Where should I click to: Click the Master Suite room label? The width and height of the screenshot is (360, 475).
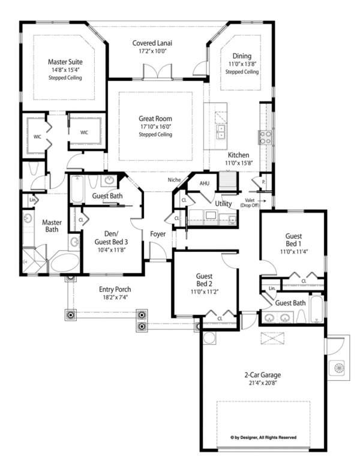[x=65, y=62]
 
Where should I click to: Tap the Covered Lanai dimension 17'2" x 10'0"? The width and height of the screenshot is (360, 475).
[x=153, y=51]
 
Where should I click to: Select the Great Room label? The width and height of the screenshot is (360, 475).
[x=155, y=118]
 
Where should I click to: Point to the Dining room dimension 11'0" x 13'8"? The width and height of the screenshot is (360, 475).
[x=242, y=64]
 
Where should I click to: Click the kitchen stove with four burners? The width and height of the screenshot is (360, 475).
[x=265, y=137]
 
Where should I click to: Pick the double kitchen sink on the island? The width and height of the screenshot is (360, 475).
[x=220, y=132]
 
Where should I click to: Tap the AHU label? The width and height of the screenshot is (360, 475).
[x=204, y=184]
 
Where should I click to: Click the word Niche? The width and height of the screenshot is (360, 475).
[x=174, y=180]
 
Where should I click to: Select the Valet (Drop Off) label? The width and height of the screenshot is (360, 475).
[x=250, y=203]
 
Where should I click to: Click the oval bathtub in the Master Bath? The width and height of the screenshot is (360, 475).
[x=64, y=263]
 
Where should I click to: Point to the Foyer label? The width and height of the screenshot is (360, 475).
[x=158, y=234]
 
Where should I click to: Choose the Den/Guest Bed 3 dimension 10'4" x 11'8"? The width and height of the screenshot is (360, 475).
[x=112, y=250]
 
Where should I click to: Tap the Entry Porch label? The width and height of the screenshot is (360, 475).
[x=115, y=289]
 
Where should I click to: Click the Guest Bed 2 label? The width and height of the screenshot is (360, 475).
[x=204, y=279]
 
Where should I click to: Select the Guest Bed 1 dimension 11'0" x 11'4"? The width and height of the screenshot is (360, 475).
[x=294, y=251]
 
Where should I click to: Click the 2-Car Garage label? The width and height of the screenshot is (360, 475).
[x=262, y=375]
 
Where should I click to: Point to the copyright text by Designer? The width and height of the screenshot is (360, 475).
[x=263, y=437]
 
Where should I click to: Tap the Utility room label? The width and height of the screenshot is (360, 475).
[x=223, y=203]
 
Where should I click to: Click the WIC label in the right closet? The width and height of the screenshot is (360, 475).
[x=84, y=133]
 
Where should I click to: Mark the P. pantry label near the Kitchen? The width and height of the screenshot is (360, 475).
[x=263, y=182]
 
